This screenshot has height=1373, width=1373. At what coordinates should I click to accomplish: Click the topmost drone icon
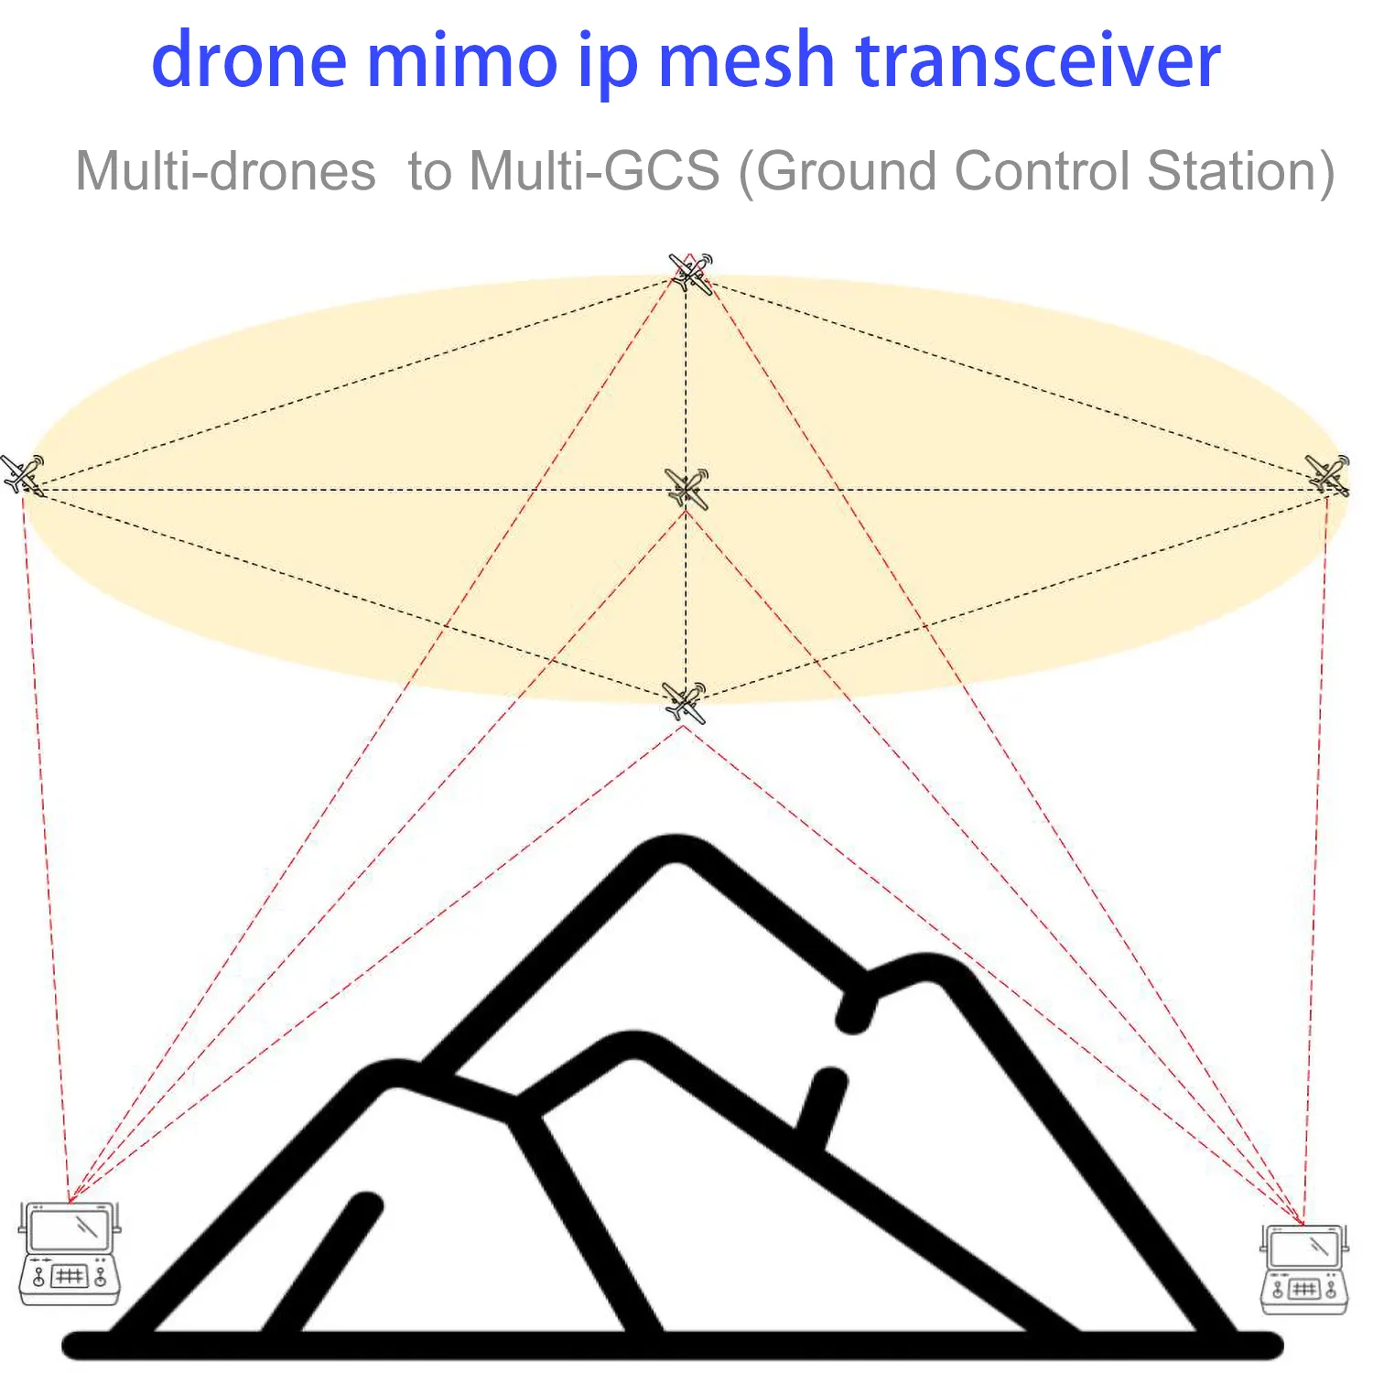point(690,273)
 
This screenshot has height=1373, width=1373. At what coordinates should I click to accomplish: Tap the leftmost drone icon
point(22,474)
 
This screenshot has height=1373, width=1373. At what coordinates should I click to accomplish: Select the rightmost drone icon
point(1327,474)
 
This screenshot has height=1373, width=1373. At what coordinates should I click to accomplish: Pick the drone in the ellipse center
point(686,489)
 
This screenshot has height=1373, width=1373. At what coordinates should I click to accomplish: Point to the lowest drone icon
point(685,703)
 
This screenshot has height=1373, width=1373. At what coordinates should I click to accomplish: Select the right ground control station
point(1304,1269)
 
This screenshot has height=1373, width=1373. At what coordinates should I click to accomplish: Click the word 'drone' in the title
point(249,60)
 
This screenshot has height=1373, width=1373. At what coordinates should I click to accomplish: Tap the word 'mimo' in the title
point(462,60)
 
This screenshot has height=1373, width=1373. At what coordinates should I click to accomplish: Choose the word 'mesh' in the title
point(746,60)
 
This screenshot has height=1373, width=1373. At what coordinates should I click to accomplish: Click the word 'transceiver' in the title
point(1038,60)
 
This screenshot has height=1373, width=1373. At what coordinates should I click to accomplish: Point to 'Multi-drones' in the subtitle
point(225,171)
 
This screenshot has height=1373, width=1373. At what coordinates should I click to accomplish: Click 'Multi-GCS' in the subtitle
point(595,171)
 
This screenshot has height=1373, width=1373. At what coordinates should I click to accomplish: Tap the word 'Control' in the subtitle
point(1043,171)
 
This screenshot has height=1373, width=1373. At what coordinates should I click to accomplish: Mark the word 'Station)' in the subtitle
point(1241,172)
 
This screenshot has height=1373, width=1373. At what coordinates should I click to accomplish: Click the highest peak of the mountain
point(676,847)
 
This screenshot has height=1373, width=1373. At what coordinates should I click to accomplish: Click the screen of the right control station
point(1304,1249)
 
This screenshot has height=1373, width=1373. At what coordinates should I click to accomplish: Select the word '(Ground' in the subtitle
point(838,172)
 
